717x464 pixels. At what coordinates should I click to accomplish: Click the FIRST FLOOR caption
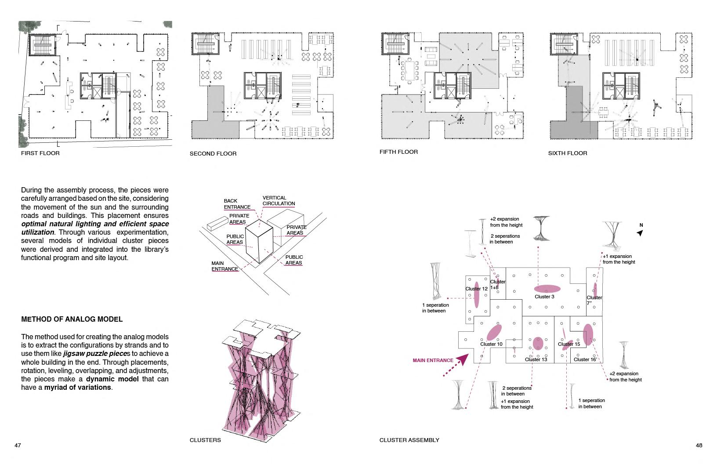coord(40,153)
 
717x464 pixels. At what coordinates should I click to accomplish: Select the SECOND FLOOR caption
coord(213,154)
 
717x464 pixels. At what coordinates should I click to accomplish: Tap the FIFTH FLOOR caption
coord(398,152)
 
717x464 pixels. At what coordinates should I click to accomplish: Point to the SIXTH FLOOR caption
coord(568,153)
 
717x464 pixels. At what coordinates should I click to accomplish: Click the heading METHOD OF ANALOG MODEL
coord(72,319)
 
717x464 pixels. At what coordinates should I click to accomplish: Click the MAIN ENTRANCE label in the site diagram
coord(225,266)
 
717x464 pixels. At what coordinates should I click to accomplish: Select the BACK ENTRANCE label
coord(237,204)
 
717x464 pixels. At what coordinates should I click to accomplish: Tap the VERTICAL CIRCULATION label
coord(279,201)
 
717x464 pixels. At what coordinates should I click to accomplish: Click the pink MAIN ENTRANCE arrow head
coord(461,361)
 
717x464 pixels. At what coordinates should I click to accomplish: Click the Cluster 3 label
coord(544,297)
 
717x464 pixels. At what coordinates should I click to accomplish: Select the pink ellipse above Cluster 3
coord(547,289)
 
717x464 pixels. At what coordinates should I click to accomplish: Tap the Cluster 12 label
coord(476,289)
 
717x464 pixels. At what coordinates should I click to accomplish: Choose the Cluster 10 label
coord(491,344)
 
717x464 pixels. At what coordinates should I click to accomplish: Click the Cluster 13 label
coord(536,359)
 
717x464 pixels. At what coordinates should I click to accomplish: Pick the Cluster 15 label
coord(569,344)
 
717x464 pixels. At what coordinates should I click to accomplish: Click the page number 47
coord(18,445)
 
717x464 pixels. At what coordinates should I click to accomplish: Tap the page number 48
coord(699,445)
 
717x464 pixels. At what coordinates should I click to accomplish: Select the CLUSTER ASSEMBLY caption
coord(409,440)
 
